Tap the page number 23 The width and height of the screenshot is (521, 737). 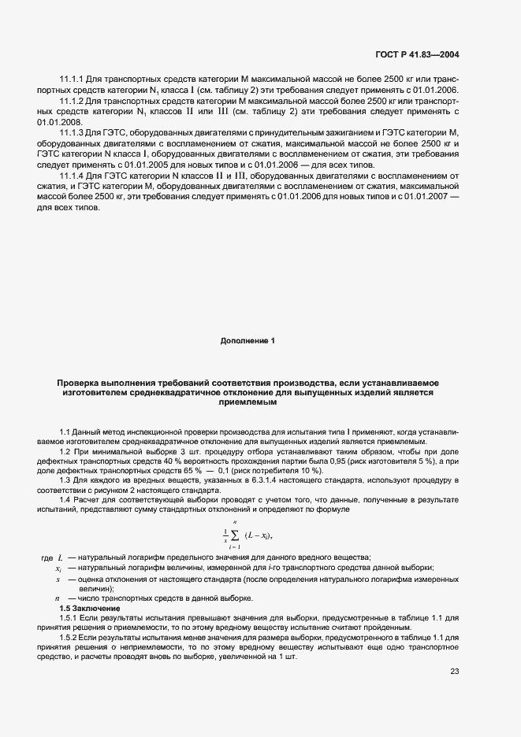(x=454, y=671)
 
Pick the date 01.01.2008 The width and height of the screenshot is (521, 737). (x=58, y=122)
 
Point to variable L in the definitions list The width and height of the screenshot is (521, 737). (x=59, y=557)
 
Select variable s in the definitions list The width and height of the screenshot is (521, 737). (x=58, y=579)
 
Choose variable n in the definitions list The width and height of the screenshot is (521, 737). (x=58, y=598)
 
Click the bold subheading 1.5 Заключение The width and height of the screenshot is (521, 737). (x=90, y=609)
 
